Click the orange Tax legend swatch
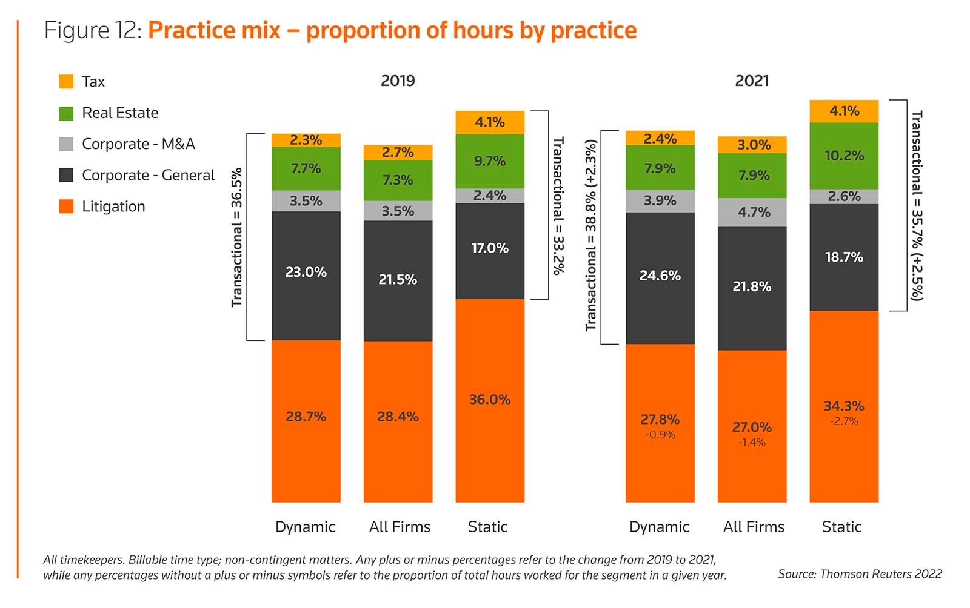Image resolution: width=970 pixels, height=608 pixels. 66,81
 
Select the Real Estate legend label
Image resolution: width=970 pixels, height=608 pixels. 120,113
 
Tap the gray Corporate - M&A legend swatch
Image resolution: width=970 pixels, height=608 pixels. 66,144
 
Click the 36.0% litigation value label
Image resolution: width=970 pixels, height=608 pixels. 490,400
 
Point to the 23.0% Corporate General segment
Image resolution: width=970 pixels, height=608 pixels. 306,273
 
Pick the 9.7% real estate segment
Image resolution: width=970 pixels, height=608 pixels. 490,161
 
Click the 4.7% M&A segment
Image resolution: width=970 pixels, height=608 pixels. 752,212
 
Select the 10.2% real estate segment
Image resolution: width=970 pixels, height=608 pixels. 844,156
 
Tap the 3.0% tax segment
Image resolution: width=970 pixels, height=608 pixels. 752,145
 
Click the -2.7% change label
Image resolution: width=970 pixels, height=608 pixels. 844,421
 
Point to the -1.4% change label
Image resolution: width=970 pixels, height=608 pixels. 752,443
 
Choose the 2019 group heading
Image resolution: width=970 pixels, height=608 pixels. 398,81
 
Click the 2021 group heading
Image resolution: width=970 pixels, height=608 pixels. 752,81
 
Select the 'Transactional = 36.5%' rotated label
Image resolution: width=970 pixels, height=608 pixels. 236,237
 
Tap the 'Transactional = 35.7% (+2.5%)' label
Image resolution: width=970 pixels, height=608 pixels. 917,205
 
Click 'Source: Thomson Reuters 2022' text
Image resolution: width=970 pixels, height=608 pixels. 860,574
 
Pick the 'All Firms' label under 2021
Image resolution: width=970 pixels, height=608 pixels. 754,527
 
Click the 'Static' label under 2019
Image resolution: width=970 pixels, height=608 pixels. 487,527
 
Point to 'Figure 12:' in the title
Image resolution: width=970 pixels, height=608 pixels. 93,30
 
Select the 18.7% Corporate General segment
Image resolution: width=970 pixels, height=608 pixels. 844,257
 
